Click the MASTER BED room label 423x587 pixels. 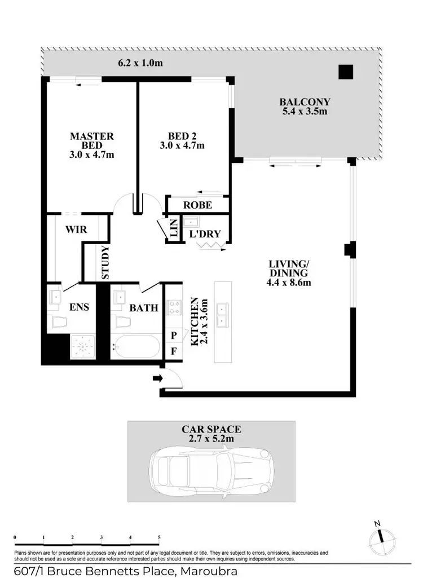(91, 136)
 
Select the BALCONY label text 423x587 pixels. (305, 102)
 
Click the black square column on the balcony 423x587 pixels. (345, 72)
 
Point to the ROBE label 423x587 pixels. (197, 205)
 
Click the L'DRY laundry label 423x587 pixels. (205, 234)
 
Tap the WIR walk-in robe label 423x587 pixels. (75, 229)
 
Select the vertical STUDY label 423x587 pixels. (105, 262)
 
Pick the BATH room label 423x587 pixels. (144, 308)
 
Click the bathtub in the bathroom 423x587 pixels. (136, 346)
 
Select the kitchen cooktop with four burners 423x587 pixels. (174, 308)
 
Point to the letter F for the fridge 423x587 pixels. (174, 351)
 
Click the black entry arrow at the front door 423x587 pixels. (157, 378)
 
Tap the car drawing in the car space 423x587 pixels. (211, 468)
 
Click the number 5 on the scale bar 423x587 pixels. (160, 537)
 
